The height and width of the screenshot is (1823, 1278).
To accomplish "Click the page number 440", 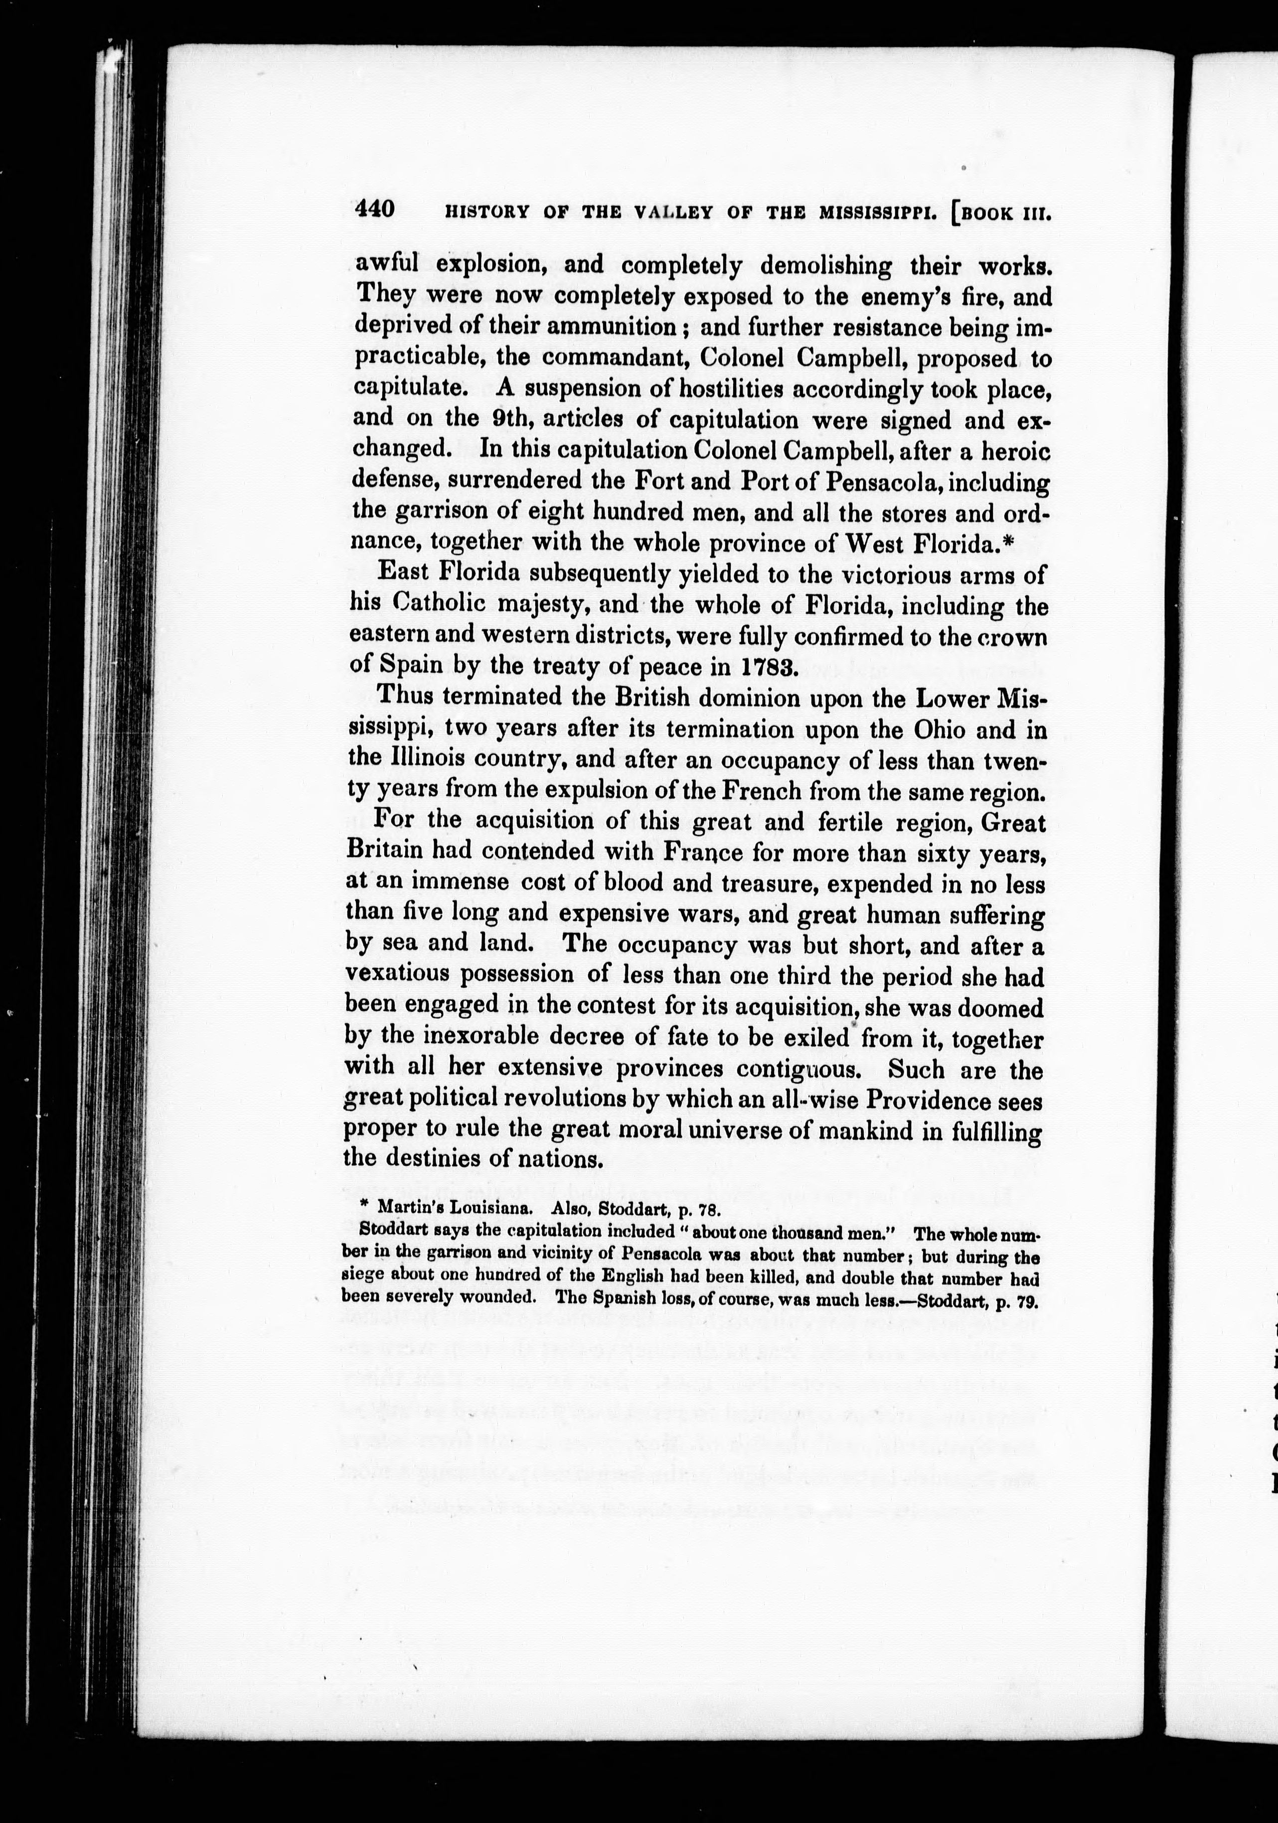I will [375, 209].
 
